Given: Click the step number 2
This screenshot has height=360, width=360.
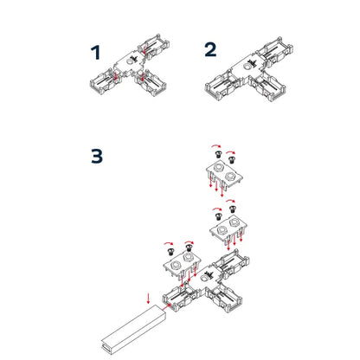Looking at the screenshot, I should click(210, 49).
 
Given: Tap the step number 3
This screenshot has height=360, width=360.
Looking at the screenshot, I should click(98, 157).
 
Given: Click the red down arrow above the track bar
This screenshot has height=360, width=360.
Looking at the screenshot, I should click(149, 299).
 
